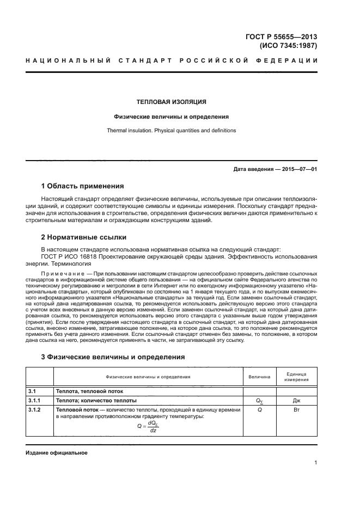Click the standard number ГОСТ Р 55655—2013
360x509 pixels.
coord(282,37)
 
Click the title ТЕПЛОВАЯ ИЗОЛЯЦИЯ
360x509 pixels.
coord(170,102)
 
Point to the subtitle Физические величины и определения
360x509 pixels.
coord(170,116)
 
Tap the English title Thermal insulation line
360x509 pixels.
coord(170,131)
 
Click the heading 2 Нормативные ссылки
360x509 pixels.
coord(84,237)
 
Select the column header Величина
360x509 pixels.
coord(259,376)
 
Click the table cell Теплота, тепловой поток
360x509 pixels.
coord(89,391)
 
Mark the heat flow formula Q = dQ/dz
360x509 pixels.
coord(148,426)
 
